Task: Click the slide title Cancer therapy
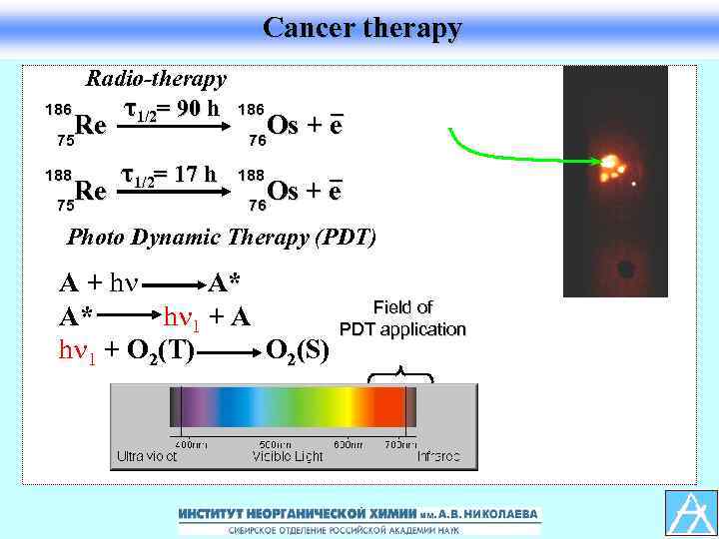pyautogui.click(x=361, y=28)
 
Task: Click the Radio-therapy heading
pyautogui.click(x=156, y=78)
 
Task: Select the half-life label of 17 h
pyautogui.click(x=168, y=176)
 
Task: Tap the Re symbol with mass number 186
pyautogui.click(x=92, y=127)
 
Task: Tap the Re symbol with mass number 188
pyautogui.click(x=92, y=191)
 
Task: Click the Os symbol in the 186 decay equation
pyautogui.click(x=284, y=127)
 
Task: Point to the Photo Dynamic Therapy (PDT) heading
pyautogui.click(x=221, y=238)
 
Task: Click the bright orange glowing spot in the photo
pyautogui.click(x=609, y=161)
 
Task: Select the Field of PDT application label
pyautogui.click(x=402, y=318)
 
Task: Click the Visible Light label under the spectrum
pyautogui.click(x=288, y=456)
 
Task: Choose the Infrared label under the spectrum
pyautogui.click(x=438, y=456)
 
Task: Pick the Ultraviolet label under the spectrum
pyautogui.click(x=146, y=456)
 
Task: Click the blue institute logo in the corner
pyautogui.click(x=691, y=512)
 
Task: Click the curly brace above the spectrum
pyautogui.click(x=400, y=375)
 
